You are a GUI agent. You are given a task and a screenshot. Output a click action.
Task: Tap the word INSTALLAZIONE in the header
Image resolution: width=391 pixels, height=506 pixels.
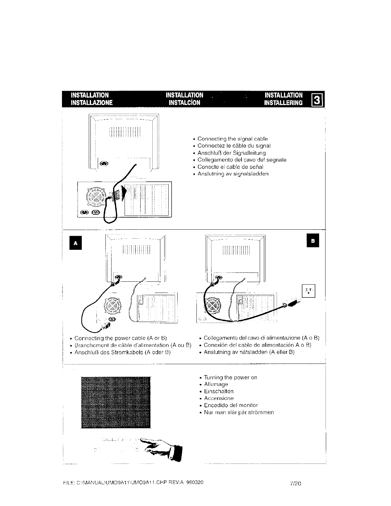point(92,103)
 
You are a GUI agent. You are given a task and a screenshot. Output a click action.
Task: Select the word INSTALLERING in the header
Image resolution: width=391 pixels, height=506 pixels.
point(283,103)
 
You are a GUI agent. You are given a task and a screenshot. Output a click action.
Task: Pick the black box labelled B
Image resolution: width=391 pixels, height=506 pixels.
point(313,241)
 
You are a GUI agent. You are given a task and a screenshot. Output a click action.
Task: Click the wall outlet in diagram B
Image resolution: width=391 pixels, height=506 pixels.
point(309,290)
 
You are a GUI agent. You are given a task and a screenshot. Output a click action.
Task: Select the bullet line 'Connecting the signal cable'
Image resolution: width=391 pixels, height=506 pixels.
point(233,139)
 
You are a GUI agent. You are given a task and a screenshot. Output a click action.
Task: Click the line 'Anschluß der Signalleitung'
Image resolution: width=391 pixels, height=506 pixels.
point(232,153)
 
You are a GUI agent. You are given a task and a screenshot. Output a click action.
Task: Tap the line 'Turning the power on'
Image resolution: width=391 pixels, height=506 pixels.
point(230,377)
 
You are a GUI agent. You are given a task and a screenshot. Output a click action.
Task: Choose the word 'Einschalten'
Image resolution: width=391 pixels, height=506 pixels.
point(219,391)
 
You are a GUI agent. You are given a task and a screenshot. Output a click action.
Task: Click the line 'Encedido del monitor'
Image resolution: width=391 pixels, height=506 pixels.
point(231,405)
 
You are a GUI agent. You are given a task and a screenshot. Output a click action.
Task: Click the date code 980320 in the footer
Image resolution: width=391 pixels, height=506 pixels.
point(195,482)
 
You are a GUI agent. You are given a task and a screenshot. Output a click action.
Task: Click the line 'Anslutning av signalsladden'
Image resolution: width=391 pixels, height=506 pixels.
point(233,174)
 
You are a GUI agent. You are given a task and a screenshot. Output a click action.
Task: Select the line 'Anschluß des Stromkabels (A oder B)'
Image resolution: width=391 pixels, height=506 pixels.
point(122,352)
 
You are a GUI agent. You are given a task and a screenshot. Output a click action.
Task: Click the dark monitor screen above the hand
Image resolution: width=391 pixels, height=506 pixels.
point(116,402)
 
